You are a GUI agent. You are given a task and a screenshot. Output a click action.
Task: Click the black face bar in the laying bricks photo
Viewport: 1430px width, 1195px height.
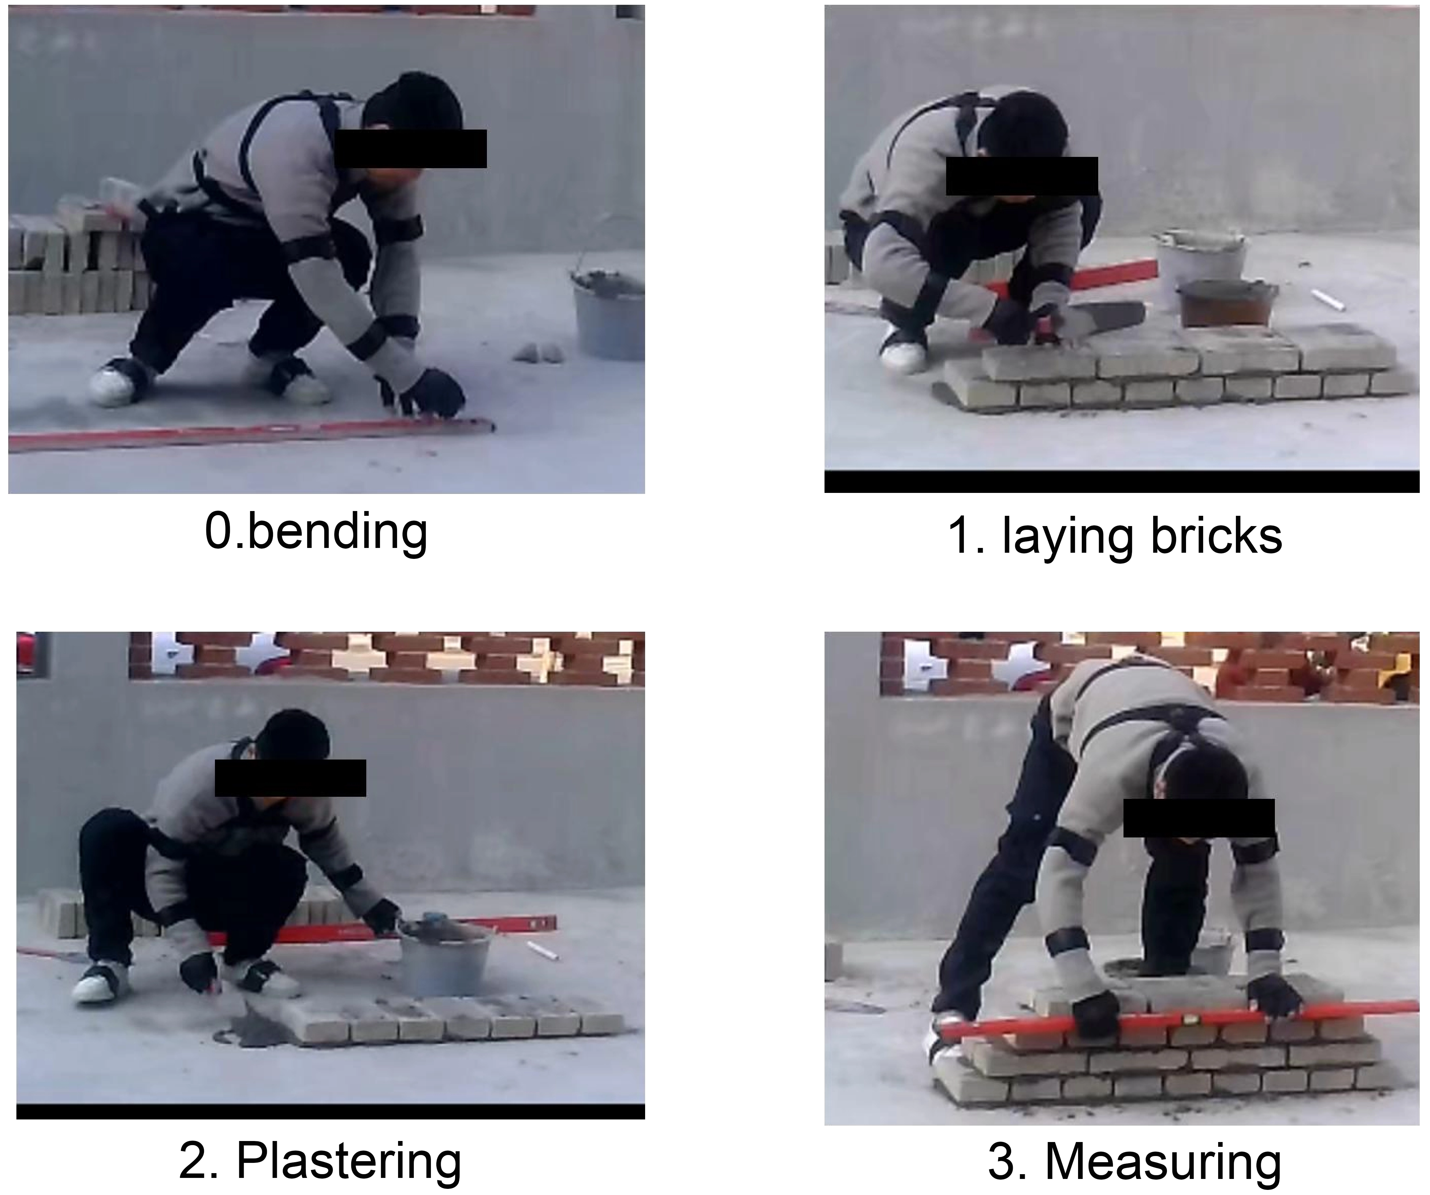point(1021,176)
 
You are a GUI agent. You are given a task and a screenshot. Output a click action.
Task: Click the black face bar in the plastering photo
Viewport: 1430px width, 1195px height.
point(290,778)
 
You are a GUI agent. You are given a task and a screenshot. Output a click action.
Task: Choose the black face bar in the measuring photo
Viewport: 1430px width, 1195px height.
point(1198,818)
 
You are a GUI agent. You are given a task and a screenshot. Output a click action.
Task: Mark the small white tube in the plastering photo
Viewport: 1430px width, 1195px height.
point(543,951)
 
